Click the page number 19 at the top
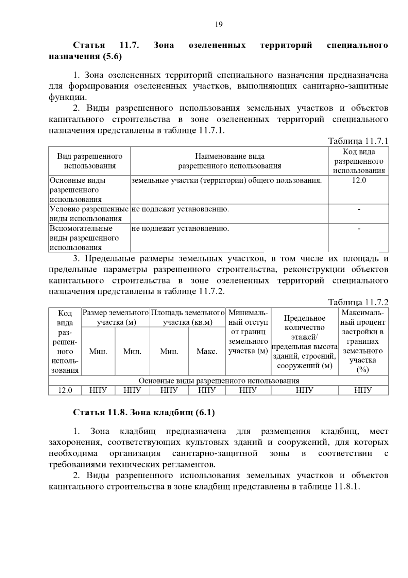tap(219, 25)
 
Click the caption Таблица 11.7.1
tap(358, 141)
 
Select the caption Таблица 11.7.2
tap(358, 302)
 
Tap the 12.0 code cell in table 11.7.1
tap(358, 180)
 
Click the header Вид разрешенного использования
tap(90, 161)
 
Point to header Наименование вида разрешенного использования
tap(230, 161)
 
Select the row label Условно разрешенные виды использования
tap(89, 214)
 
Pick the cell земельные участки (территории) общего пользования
tap(226, 180)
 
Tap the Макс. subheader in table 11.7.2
tap(207, 352)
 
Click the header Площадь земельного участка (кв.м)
tap(188, 317)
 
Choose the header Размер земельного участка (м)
tap(116, 317)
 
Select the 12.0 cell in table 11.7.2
tap(65, 390)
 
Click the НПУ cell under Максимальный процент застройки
tap(363, 390)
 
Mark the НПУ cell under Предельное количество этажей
tap(304, 390)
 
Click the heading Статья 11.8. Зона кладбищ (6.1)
tap(144, 413)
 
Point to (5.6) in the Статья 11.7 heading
tap(112, 57)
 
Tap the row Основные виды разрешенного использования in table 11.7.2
tap(219, 381)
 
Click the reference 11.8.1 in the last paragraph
tap(346, 487)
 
